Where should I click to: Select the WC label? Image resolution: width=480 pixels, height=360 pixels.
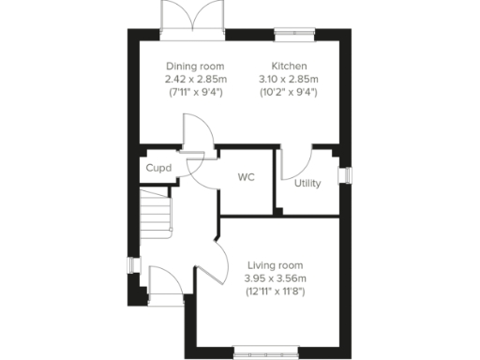tap(247, 176)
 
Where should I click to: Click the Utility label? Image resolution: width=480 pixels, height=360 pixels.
tap(307, 183)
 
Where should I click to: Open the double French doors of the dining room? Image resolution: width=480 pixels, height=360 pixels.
tap(193, 19)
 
